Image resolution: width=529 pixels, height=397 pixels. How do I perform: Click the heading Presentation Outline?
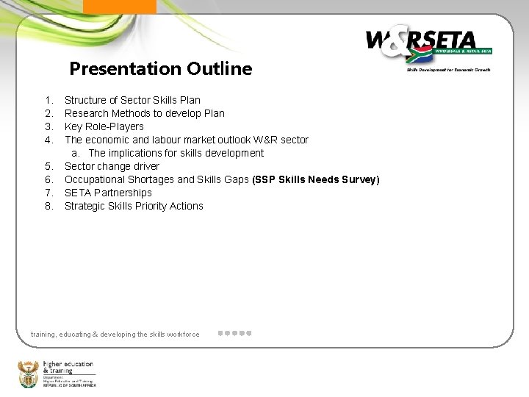point(160,69)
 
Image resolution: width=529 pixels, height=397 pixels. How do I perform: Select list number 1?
point(48,100)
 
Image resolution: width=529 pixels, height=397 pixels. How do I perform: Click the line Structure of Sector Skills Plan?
point(132,100)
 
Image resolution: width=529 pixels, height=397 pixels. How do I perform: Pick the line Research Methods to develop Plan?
point(145,113)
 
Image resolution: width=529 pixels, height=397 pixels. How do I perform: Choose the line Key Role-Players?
point(104,126)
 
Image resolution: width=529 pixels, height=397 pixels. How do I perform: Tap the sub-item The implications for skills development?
point(176,153)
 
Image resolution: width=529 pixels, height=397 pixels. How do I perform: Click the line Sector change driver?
point(112,166)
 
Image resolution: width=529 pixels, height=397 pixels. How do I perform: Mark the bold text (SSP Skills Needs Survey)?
point(315,179)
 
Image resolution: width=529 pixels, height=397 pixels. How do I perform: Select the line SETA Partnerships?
point(108,193)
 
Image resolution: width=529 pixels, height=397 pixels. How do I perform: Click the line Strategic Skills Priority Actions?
point(134,206)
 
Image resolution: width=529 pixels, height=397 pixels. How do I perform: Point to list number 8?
point(48,206)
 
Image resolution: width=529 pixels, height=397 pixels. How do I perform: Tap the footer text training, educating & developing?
point(115,335)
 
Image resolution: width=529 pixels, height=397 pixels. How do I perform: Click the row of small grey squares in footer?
point(235,334)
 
